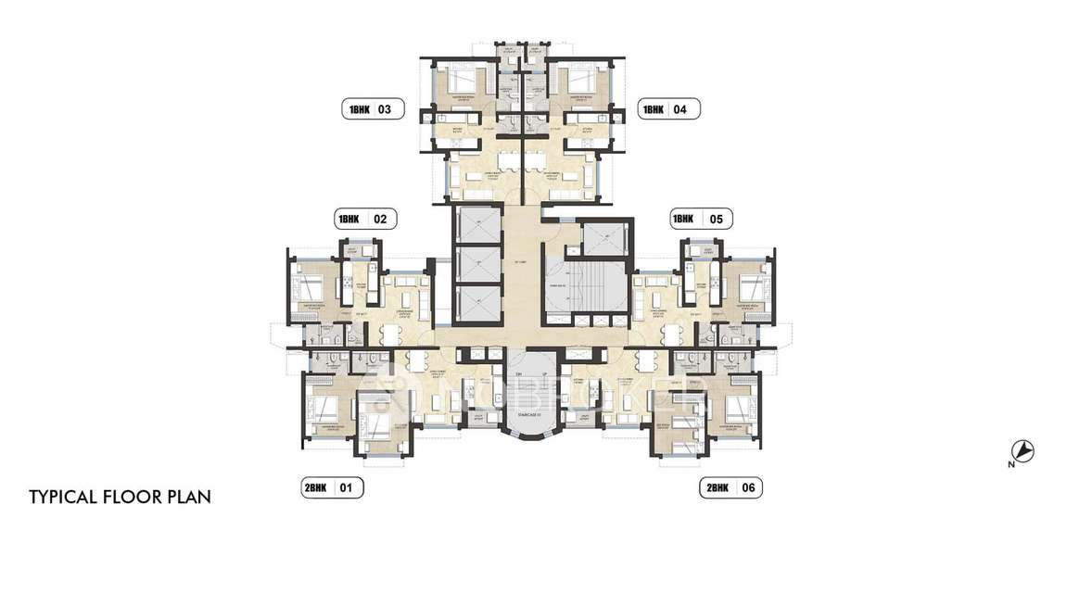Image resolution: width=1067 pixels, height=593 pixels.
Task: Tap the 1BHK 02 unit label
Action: [x=365, y=220]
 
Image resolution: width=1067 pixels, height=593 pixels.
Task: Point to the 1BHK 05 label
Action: [x=701, y=220]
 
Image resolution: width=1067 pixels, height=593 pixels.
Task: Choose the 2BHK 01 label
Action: [x=332, y=486]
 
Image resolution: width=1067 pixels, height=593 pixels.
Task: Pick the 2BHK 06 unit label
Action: [x=731, y=486]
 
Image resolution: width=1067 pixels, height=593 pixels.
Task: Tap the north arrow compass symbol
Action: [x=1023, y=451]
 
